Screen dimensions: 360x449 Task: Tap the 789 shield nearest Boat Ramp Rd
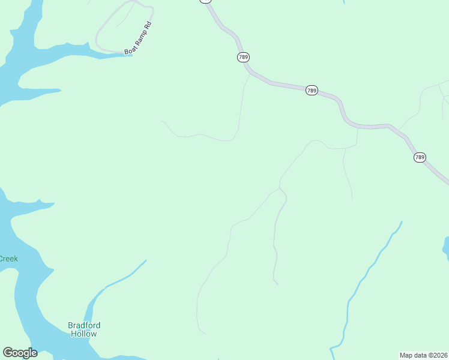(243, 57)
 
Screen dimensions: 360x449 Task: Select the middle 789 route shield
(312, 90)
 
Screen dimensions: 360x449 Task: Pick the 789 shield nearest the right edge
(420, 157)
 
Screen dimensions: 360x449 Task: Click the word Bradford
(84, 326)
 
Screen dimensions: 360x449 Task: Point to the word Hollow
(83, 334)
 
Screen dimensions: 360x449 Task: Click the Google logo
(20, 353)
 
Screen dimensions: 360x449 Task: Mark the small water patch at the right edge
(446, 247)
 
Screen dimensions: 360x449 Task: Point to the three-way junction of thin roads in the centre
(280, 188)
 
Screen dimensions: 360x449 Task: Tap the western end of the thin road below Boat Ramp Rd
(161, 121)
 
